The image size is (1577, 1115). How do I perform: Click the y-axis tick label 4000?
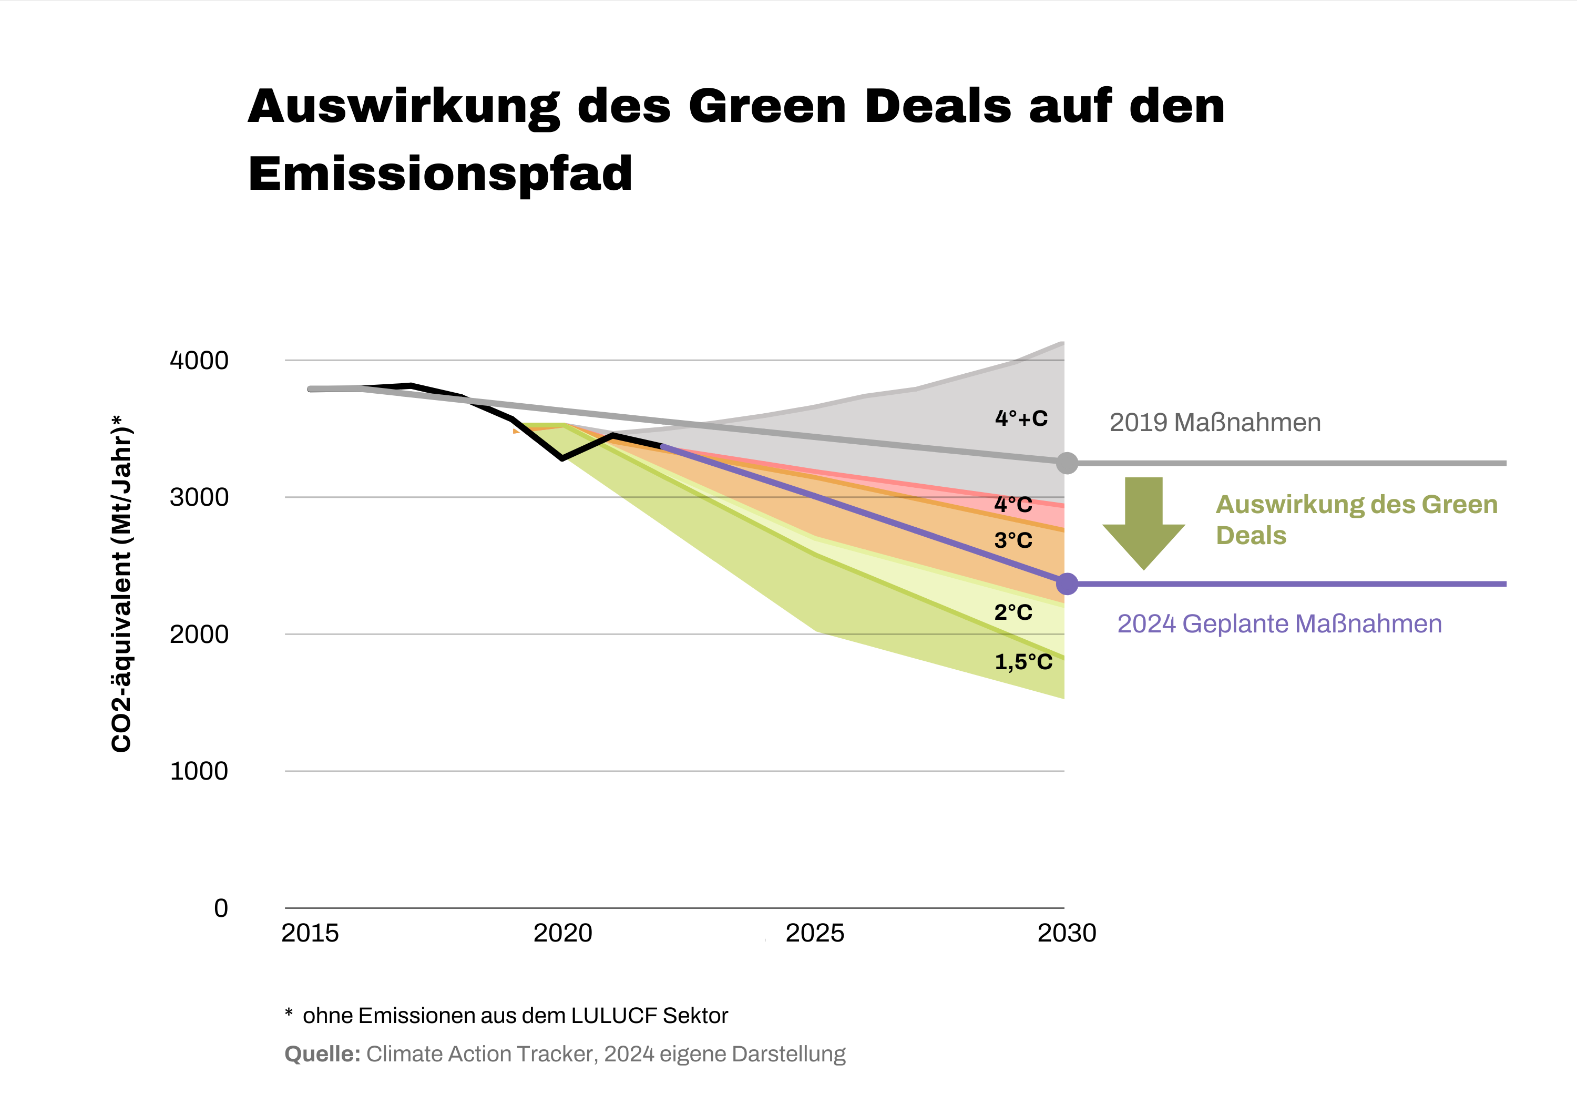199,360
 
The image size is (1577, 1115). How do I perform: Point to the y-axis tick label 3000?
199,497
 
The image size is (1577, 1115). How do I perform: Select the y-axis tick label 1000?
199,771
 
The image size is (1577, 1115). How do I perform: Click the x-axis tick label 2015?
310,933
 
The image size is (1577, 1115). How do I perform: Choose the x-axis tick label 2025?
815,933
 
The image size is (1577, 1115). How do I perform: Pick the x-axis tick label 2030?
1067,933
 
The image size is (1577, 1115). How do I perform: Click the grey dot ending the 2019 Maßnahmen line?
1067,463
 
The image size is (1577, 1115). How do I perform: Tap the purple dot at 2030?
1067,584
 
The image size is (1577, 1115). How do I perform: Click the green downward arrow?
1144,522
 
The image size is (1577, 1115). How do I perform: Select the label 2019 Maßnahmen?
1215,423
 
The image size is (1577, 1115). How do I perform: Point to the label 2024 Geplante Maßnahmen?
1279,624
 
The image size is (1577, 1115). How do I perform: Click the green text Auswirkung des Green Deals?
1356,519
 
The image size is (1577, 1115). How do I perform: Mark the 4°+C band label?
1021,418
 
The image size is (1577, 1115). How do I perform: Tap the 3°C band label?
1013,540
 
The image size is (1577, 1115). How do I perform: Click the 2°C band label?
1013,612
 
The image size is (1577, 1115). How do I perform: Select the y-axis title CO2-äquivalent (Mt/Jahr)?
121,584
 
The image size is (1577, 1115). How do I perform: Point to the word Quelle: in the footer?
322,1054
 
